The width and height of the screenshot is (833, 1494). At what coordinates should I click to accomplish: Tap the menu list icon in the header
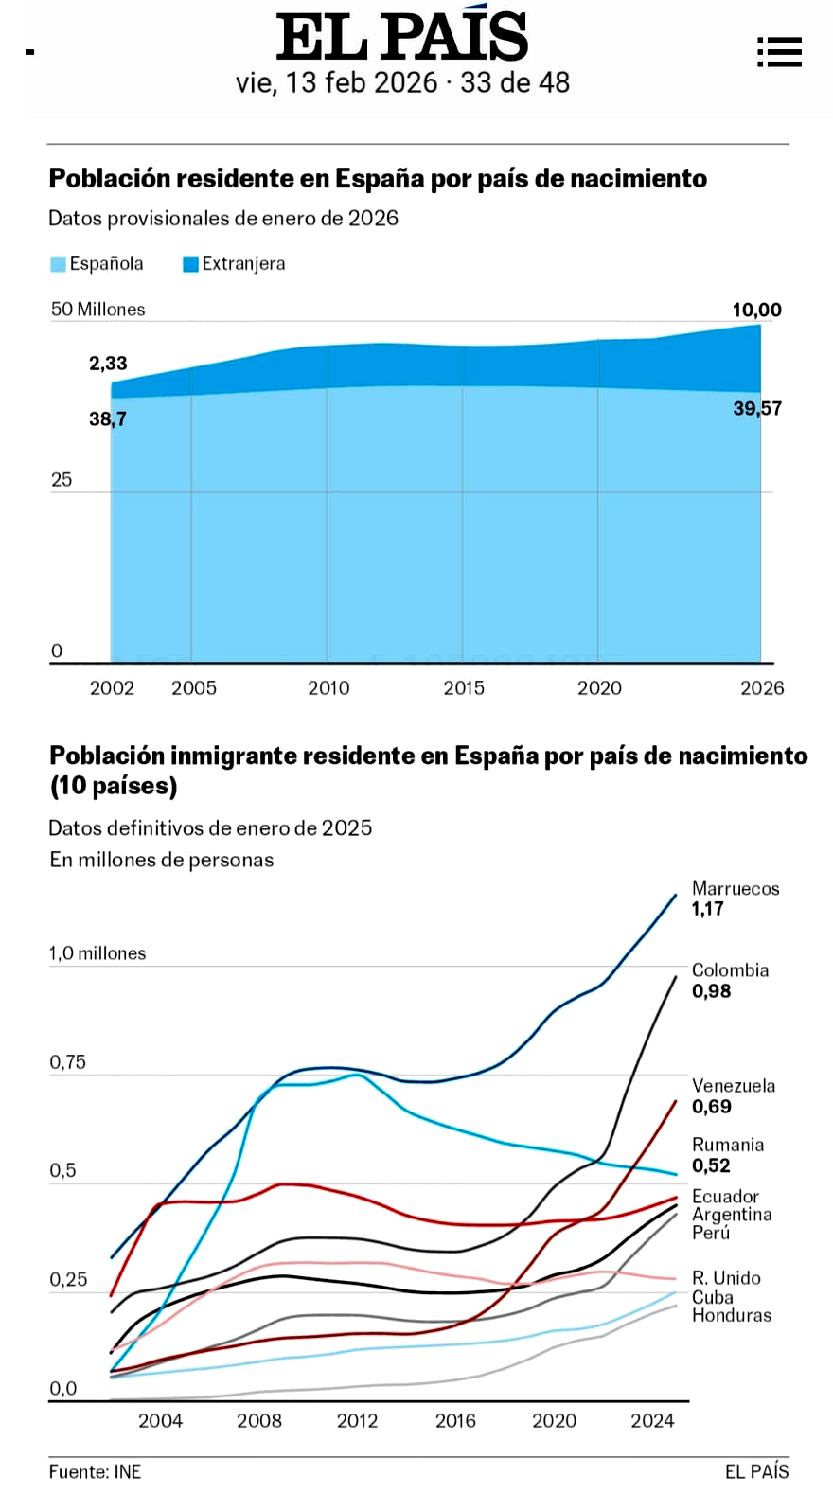[780, 52]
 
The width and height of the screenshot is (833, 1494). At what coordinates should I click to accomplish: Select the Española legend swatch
[58, 264]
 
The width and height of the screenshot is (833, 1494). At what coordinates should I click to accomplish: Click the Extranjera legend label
[243, 263]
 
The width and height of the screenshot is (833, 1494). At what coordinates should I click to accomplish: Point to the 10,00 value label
[757, 310]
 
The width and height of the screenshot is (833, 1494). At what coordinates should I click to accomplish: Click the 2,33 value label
[108, 363]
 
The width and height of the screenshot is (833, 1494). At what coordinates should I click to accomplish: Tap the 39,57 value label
[757, 408]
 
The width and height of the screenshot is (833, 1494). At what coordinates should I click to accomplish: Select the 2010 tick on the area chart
[328, 687]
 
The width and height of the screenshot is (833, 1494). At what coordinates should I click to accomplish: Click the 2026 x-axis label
[762, 687]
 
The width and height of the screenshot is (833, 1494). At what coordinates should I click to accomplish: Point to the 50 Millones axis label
[98, 309]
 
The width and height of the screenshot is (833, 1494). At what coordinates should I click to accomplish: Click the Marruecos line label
[736, 888]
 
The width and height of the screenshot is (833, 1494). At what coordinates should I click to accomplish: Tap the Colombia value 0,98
[711, 991]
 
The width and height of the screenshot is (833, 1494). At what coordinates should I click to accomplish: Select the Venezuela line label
[734, 1086]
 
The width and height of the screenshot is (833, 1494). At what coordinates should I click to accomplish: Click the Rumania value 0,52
[711, 1165]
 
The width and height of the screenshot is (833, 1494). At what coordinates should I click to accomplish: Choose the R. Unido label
[726, 1278]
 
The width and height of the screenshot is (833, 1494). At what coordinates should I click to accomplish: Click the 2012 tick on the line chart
[358, 1421]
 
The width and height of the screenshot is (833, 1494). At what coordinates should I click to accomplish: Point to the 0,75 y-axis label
[68, 1062]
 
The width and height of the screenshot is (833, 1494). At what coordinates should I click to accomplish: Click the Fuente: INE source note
[95, 1471]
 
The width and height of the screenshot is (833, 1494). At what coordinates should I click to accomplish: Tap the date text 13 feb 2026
[362, 82]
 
